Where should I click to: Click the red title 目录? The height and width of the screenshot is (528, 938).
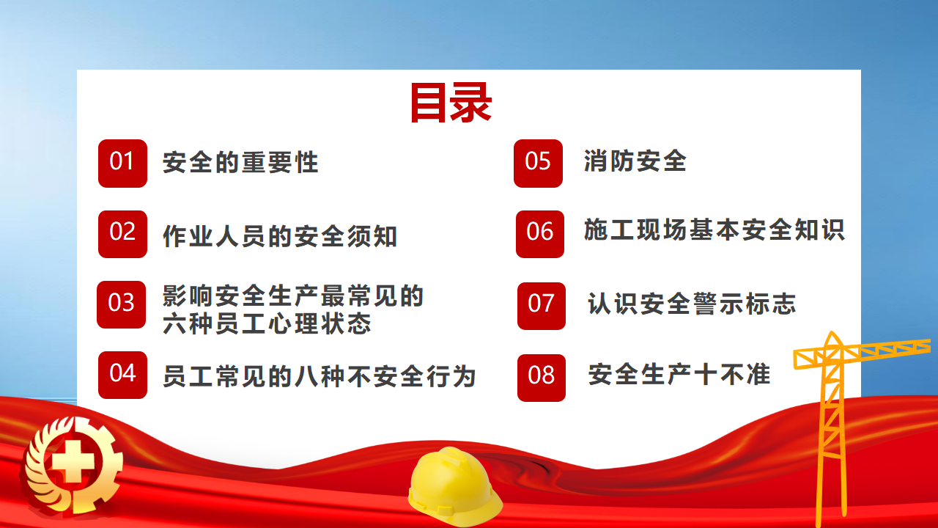pyautogui.click(x=451, y=103)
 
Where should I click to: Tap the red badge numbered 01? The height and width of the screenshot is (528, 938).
pyautogui.click(x=122, y=164)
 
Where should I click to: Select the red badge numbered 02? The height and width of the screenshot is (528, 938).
pyautogui.click(x=122, y=234)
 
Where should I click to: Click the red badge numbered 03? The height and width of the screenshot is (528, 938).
pyautogui.click(x=122, y=304)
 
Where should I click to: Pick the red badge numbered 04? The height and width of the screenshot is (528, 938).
pyautogui.click(x=122, y=375)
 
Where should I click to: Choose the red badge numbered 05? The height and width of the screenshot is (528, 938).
pyautogui.click(x=538, y=164)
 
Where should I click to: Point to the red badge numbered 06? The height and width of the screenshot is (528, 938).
pyautogui.click(x=540, y=234)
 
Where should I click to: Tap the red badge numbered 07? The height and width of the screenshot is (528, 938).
pyautogui.click(x=542, y=307)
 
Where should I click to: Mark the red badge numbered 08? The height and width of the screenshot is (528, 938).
pyautogui.click(x=542, y=378)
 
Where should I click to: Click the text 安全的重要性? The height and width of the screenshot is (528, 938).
pyautogui.click(x=240, y=162)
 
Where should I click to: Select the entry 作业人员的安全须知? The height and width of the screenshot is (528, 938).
pyautogui.click(x=280, y=236)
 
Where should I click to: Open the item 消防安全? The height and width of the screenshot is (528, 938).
pyautogui.click(x=635, y=161)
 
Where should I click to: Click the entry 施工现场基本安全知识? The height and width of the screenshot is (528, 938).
pyautogui.click(x=714, y=230)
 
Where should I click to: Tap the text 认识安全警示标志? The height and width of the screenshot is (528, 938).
pyautogui.click(x=692, y=304)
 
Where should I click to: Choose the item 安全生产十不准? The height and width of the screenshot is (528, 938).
pyautogui.click(x=679, y=374)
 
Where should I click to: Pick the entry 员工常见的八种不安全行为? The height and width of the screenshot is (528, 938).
pyautogui.click(x=319, y=376)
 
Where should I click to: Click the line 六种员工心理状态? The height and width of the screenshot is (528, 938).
pyautogui.click(x=267, y=324)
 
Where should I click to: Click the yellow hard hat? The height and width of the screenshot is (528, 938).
pyautogui.click(x=454, y=486)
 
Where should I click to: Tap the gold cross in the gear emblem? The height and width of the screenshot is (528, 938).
pyautogui.click(x=73, y=462)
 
